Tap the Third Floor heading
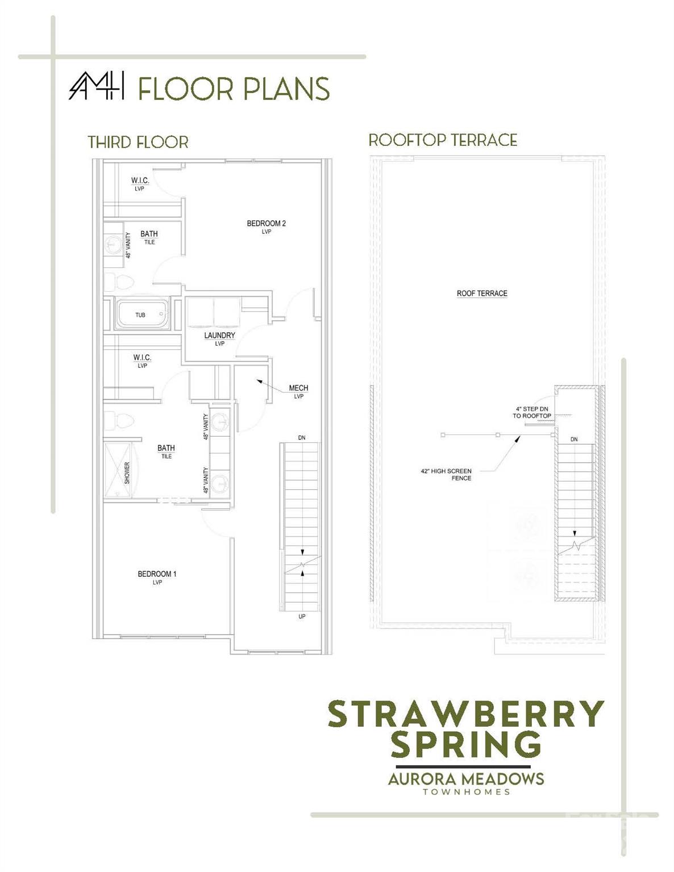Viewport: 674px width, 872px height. coord(138,142)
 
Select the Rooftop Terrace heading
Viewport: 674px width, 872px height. coord(443,140)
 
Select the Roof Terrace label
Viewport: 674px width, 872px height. coord(481,294)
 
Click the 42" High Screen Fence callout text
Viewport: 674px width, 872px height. coord(446,475)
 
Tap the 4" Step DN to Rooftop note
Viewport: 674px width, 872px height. coord(532,412)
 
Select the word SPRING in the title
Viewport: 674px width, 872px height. coord(466,744)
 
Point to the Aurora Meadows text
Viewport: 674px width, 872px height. coord(466,779)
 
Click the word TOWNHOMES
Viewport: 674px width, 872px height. coord(466,792)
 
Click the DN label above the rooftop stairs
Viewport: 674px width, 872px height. coord(574,439)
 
